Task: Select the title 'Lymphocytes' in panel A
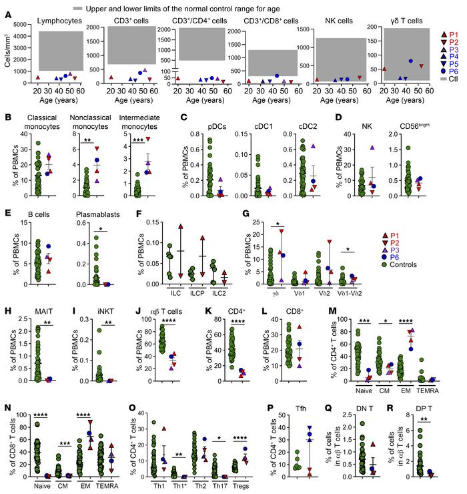tap(58, 21)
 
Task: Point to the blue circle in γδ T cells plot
tap(411, 61)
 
